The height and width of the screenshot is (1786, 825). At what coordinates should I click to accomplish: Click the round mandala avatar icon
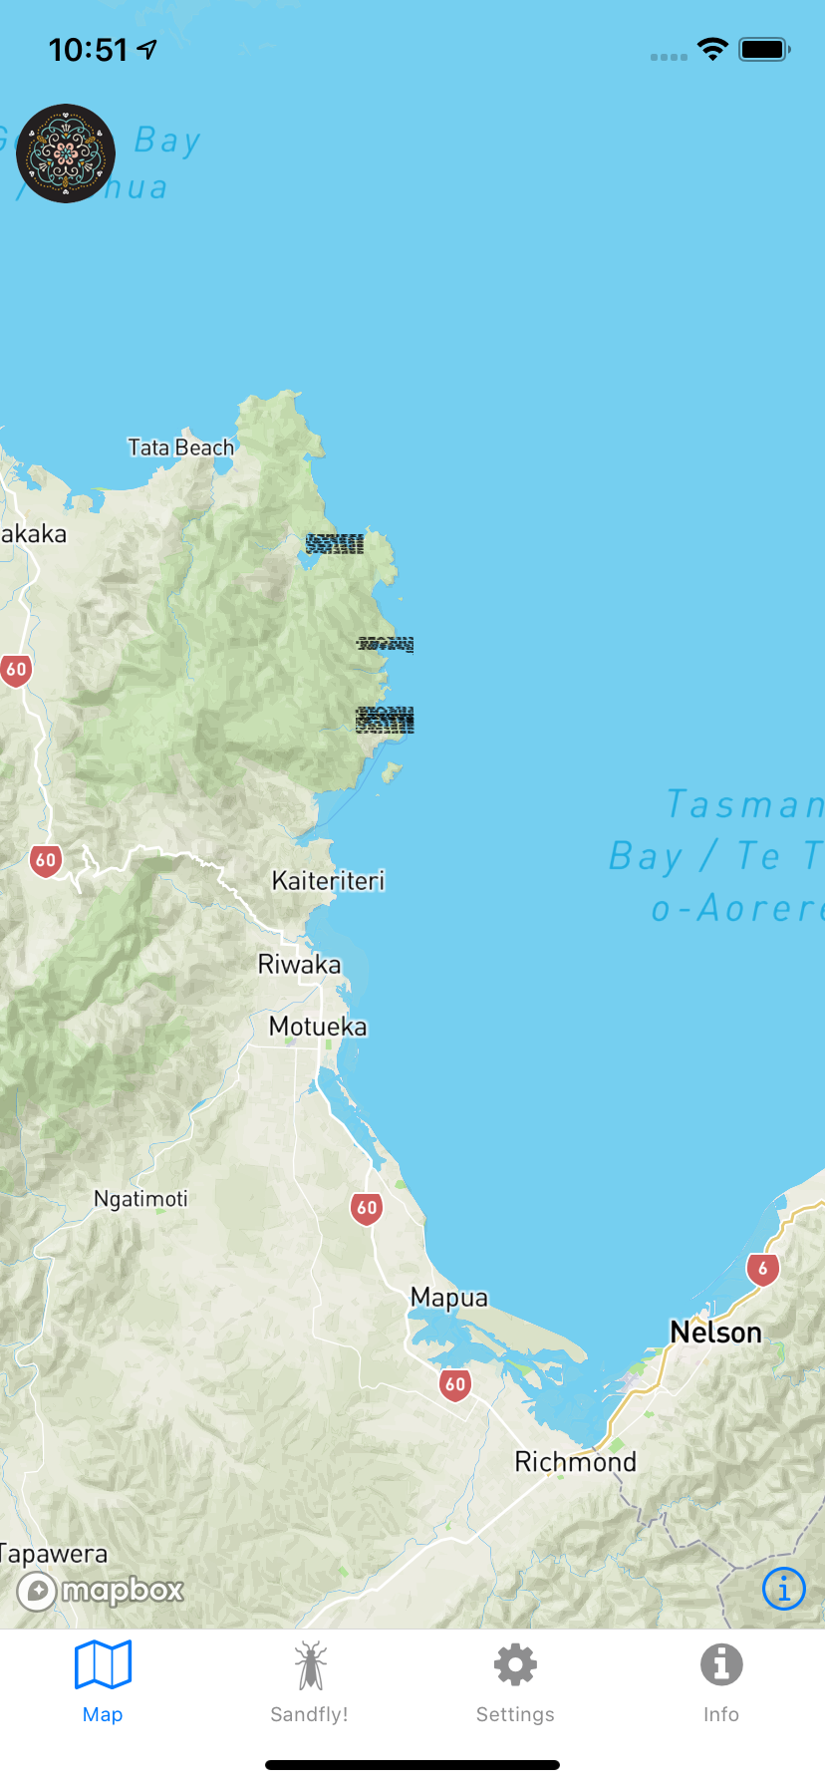(66, 153)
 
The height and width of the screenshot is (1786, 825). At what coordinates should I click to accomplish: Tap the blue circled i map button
(783, 1589)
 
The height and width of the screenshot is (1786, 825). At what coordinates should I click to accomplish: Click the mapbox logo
(101, 1591)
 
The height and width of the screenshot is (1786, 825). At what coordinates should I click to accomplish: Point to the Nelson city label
(715, 1333)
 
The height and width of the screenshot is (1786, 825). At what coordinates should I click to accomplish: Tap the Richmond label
(575, 1462)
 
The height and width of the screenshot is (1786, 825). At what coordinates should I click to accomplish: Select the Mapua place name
(449, 1298)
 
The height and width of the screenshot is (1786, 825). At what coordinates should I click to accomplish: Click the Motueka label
(318, 1027)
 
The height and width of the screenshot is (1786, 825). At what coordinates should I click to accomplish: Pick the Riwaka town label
(299, 965)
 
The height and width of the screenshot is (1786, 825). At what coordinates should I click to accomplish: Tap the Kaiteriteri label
(328, 881)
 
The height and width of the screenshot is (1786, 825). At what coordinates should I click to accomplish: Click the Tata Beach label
(180, 447)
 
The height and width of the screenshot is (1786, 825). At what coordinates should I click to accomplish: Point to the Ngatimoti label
(140, 1199)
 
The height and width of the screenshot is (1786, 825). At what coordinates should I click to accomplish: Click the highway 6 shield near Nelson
(763, 1269)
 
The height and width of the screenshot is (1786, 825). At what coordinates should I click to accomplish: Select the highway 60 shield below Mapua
(455, 1384)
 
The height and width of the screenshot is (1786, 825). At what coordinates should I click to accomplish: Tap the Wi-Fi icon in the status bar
(712, 49)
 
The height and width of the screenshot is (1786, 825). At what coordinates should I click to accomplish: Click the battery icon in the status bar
(764, 49)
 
